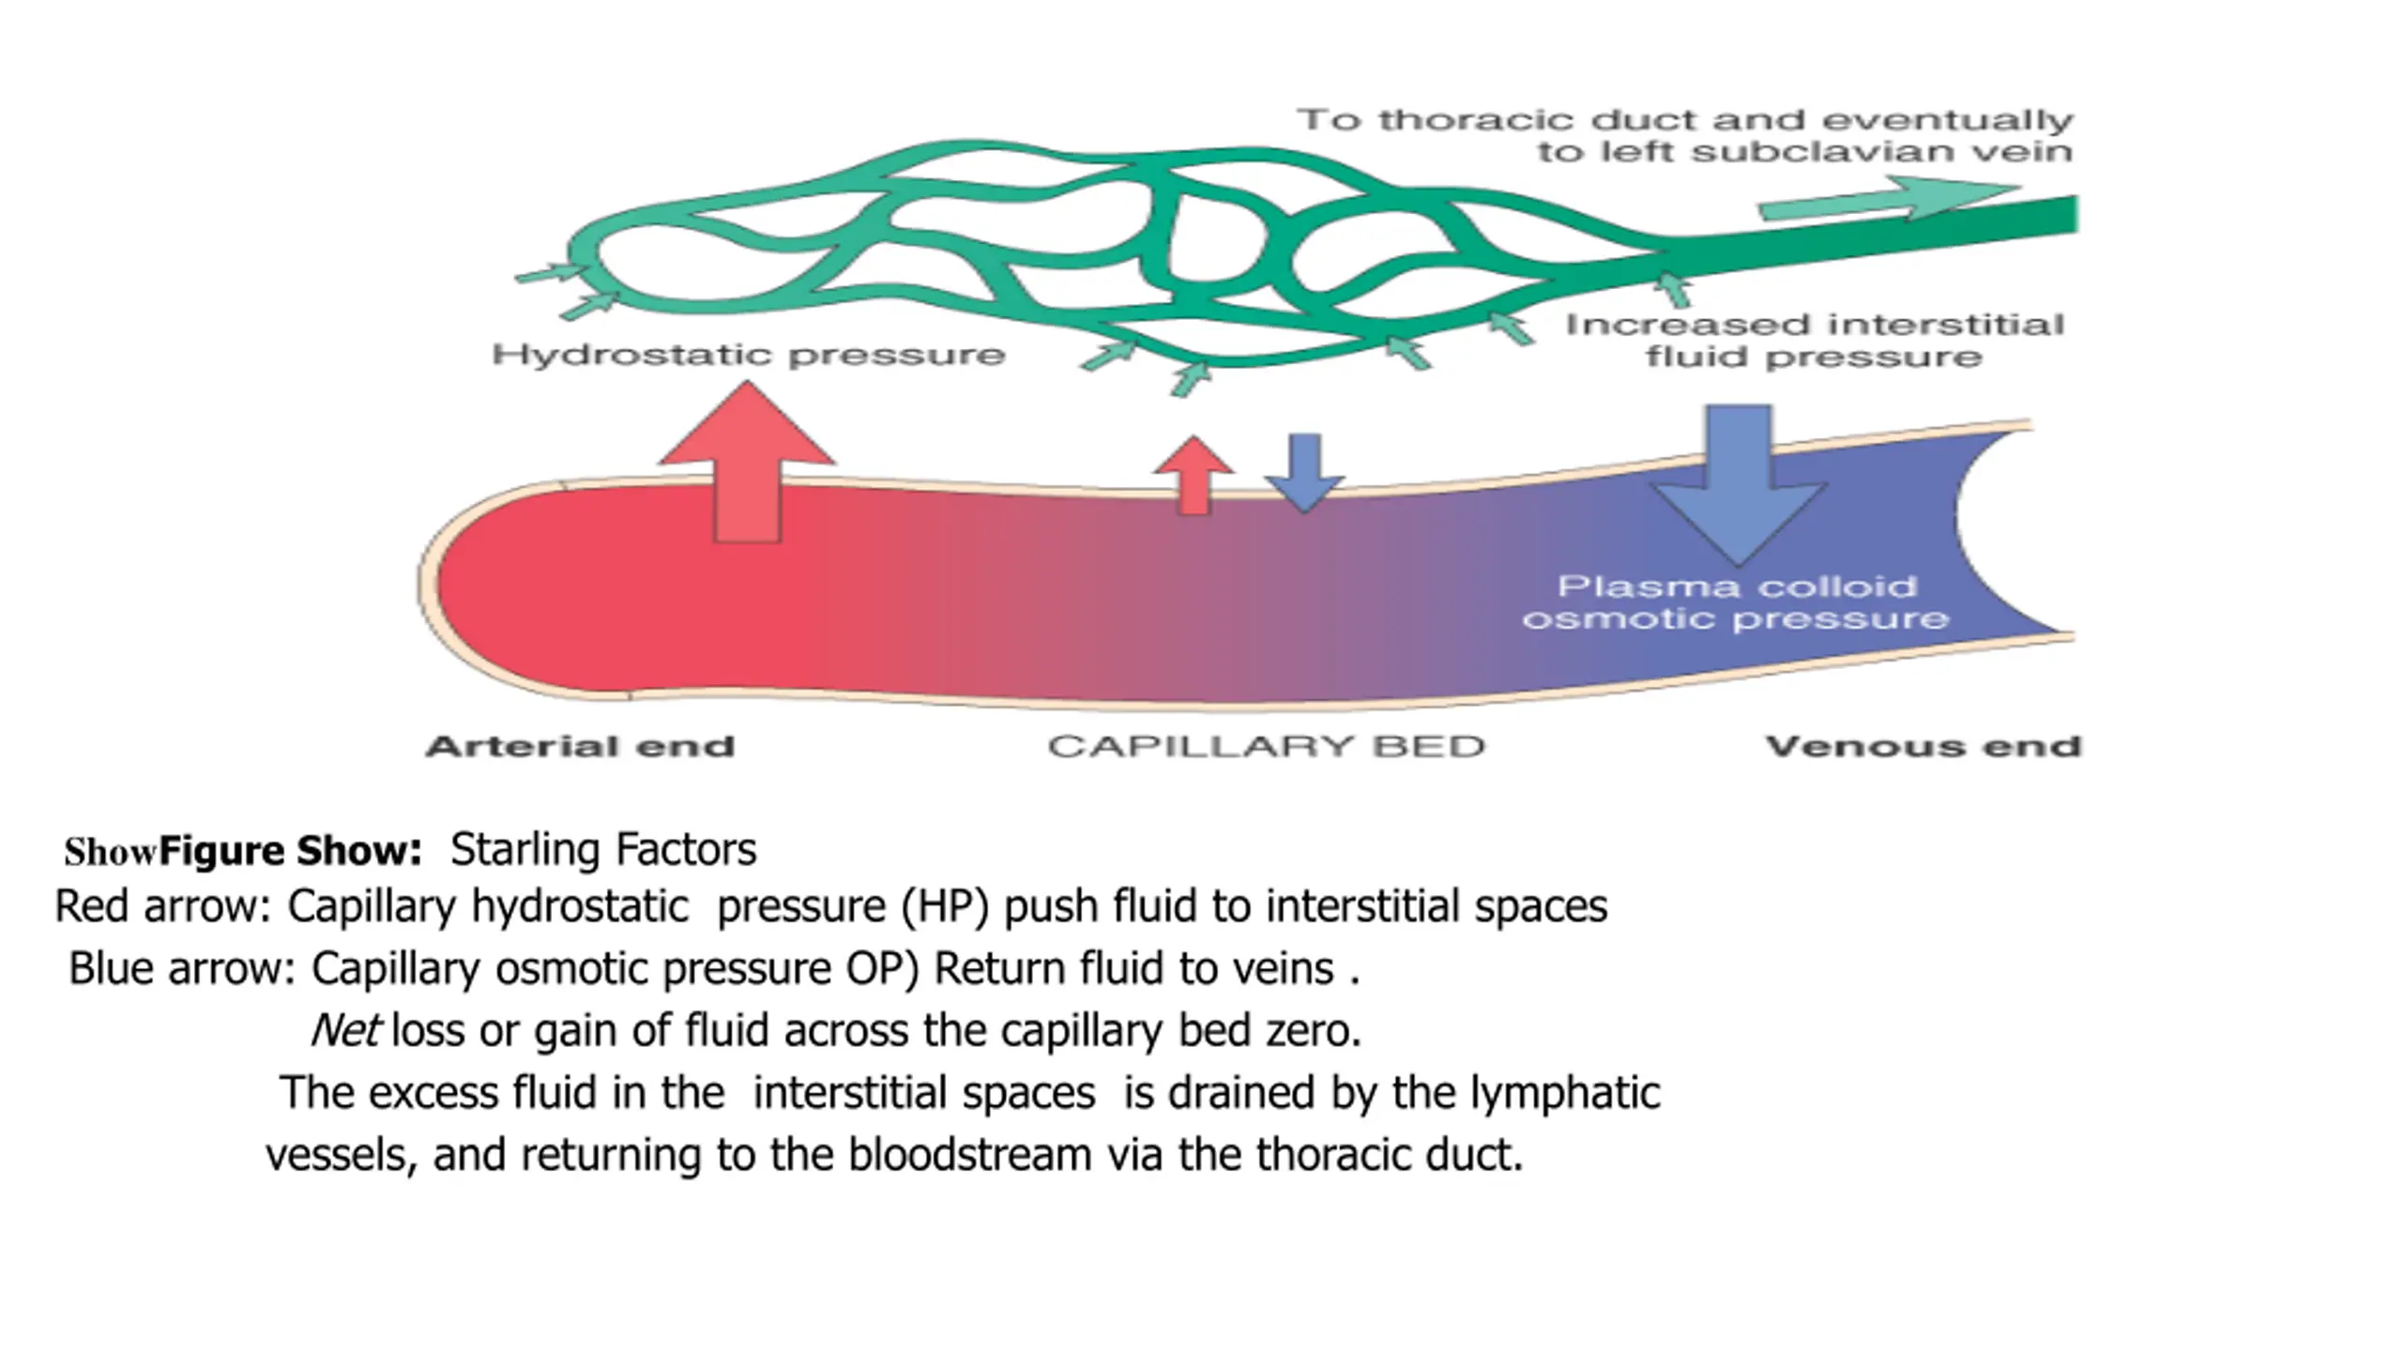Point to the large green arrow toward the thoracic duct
click(1886, 200)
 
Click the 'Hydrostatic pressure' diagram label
click(749, 355)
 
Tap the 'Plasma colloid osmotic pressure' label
click(1736, 602)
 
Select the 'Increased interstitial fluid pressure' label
click(1815, 341)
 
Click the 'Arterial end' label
click(580, 747)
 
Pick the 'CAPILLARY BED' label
click(1267, 747)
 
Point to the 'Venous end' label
click(1923, 747)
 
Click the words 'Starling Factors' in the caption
click(603, 850)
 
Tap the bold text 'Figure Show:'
click(291, 852)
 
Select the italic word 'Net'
click(344, 1031)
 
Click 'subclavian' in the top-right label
click(1839, 152)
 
